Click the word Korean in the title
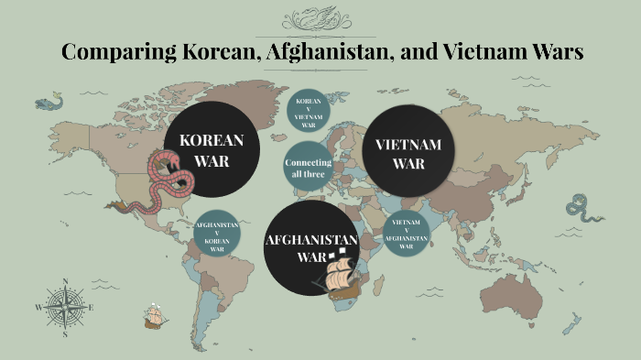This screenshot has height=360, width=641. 224,52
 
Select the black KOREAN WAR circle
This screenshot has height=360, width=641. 212,150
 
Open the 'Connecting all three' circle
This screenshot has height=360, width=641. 308,168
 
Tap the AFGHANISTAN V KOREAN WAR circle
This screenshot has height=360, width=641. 217,236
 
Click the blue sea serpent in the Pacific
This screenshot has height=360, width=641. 580,209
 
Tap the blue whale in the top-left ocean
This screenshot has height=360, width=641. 49,98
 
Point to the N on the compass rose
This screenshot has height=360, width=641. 65,281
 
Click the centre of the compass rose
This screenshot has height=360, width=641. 65,307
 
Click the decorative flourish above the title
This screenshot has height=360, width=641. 321,19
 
